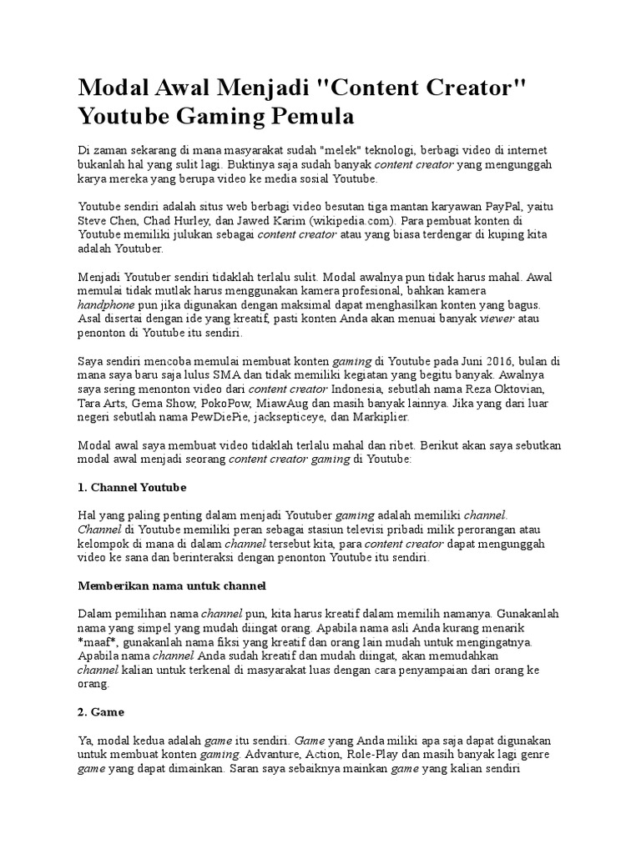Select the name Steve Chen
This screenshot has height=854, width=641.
108,220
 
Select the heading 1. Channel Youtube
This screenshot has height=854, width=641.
132,486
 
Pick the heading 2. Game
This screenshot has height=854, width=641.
101,711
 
